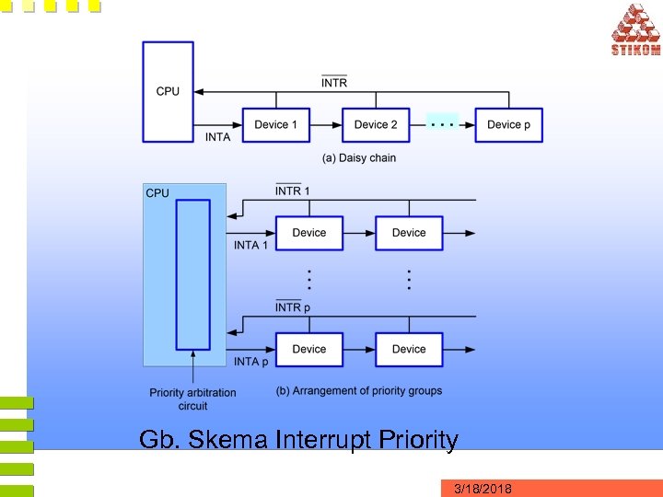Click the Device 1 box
(275, 124)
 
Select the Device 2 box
(376, 124)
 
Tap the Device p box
(508, 124)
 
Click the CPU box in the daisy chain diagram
(168, 90)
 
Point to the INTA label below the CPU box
(218, 137)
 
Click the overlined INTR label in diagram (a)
(334, 83)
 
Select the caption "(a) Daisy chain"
(359, 158)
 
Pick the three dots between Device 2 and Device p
(444, 121)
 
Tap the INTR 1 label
(293, 191)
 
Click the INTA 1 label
(251, 245)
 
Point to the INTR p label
(293, 306)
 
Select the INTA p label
(251, 362)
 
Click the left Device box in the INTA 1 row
(309, 233)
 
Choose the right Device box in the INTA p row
(409, 349)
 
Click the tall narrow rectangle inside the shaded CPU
(192, 274)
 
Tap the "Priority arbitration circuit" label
(192, 399)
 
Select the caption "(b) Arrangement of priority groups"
(359, 390)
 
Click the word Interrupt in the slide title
(333, 440)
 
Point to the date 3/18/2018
(483, 488)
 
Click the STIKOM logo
(635, 29)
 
